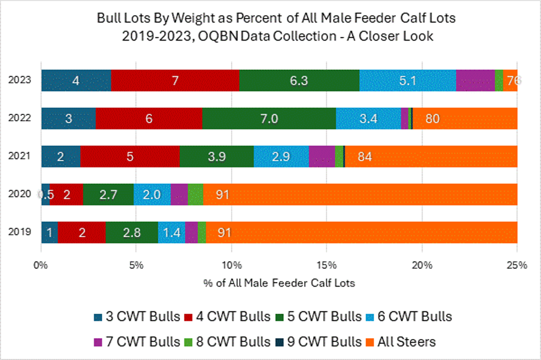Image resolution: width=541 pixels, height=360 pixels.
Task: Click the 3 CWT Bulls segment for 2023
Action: click(x=76, y=80)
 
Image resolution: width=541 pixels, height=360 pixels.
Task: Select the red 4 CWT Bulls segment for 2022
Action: click(x=149, y=118)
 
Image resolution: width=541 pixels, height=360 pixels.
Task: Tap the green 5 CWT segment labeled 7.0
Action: click(x=269, y=118)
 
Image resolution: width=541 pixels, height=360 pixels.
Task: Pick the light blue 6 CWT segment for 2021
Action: click(x=281, y=157)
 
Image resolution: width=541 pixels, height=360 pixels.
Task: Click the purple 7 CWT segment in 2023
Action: click(x=475, y=80)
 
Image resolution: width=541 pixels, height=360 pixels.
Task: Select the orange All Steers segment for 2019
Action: click(x=361, y=232)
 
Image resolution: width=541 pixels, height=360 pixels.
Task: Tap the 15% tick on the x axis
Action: click(x=327, y=265)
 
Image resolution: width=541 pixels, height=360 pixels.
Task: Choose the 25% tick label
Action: click(x=516, y=265)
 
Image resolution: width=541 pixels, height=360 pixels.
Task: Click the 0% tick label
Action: click(x=40, y=265)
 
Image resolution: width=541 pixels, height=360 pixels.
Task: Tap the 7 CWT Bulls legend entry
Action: click(x=135, y=342)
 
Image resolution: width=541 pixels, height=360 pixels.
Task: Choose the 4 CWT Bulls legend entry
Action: click(x=228, y=317)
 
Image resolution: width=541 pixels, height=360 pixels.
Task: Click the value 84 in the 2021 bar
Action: click(x=364, y=157)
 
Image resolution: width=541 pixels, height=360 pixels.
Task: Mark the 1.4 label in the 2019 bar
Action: click(x=171, y=232)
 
